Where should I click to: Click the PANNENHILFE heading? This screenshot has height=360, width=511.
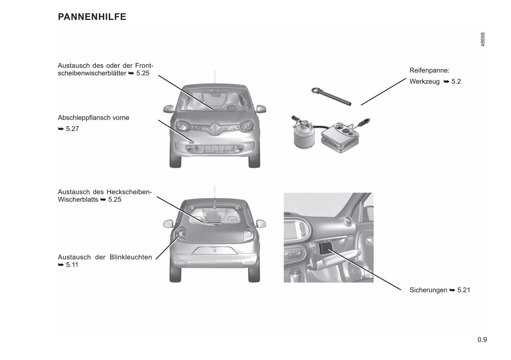click(92, 17)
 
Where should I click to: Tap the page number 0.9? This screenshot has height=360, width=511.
click(482, 340)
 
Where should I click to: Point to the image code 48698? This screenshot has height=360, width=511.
click(483, 40)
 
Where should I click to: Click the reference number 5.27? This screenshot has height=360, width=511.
click(72, 129)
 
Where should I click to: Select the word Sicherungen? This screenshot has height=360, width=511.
click(428, 290)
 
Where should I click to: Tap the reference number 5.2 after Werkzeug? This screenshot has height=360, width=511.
click(456, 82)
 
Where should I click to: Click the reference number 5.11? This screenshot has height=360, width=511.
click(72, 265)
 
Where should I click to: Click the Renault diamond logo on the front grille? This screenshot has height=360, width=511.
click(215, 129)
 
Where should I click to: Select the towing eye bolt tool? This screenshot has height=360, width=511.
click(331, 96)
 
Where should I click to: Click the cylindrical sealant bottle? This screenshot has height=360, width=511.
click(304, 136)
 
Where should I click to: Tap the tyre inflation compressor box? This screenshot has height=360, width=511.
click(340, 137)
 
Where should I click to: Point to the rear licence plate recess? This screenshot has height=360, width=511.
click(215, 250)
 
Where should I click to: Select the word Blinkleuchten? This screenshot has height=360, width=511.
click(131, 257)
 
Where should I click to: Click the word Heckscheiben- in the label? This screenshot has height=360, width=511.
click(129, 192)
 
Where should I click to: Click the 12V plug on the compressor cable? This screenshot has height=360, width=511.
click(364, 122)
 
